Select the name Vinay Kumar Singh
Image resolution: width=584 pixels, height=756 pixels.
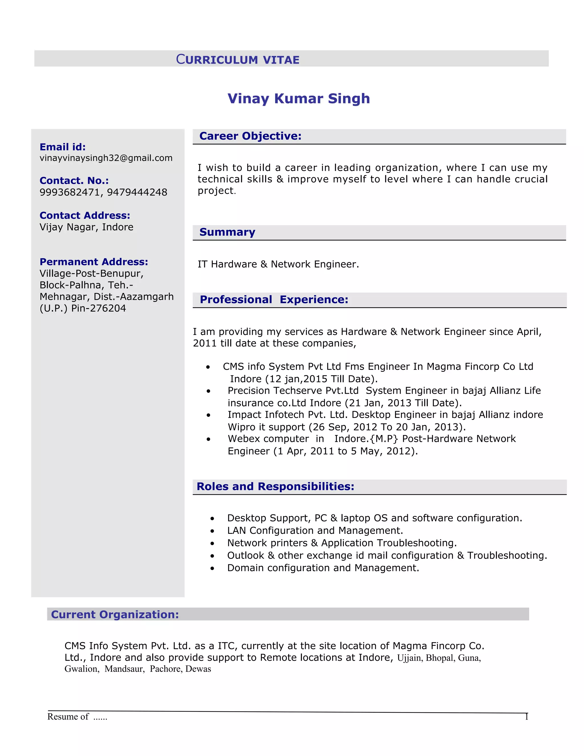tap(299, 99)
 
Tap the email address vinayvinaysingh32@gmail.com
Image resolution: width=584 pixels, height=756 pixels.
tap(106, 158)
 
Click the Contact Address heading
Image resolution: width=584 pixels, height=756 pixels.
tap(85, 215)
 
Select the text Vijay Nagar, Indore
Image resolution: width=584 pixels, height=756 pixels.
tap(86, 227)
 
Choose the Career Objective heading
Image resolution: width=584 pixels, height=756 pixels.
tap(250, 136)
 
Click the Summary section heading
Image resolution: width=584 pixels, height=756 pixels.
tap(227, 232)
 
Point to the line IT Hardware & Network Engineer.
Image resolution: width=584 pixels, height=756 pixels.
tap(278, 264)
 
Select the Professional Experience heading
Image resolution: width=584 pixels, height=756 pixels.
tap(274, 300)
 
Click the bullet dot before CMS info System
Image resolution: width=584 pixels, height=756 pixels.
tap(208, 367)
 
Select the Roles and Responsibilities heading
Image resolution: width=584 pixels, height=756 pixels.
tap(275, 486)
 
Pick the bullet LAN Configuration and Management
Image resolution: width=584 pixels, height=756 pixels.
tap(315, 531)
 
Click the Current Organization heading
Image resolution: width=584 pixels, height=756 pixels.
tap(115, 614)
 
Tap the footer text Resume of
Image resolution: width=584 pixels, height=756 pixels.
tap(68, 717)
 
